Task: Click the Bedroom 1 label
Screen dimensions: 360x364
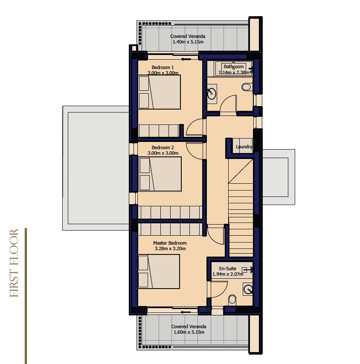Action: [x=163, y=67]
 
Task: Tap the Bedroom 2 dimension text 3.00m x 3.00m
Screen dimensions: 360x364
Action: [x=163, y=153]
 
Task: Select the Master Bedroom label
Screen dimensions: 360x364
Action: [x=170, y=243]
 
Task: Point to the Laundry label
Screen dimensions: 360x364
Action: [x=244, y=147]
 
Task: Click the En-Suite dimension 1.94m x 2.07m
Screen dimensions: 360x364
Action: [x=228, y=274]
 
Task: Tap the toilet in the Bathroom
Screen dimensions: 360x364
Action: [x=247, y=87]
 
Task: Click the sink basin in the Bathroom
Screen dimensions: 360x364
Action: [x=212, y=93]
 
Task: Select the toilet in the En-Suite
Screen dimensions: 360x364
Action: [x=232, y=300]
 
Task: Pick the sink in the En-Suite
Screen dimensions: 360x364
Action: [x=248, y=289]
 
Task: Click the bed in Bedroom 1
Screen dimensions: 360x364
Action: [x=160, y=92]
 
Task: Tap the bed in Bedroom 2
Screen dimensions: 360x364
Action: [x=160, y=174]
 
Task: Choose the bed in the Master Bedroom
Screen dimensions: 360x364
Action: [x=159, y=272]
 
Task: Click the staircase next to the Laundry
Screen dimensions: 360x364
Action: [x=241, y=208]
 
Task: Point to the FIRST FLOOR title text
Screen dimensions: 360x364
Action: [x=14, y=263]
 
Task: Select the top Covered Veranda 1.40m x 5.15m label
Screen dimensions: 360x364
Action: [x=188, y=39]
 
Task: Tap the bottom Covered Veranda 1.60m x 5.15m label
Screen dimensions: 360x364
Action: [x=189, y=329]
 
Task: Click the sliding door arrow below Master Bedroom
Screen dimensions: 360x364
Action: [x=186, y=312]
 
